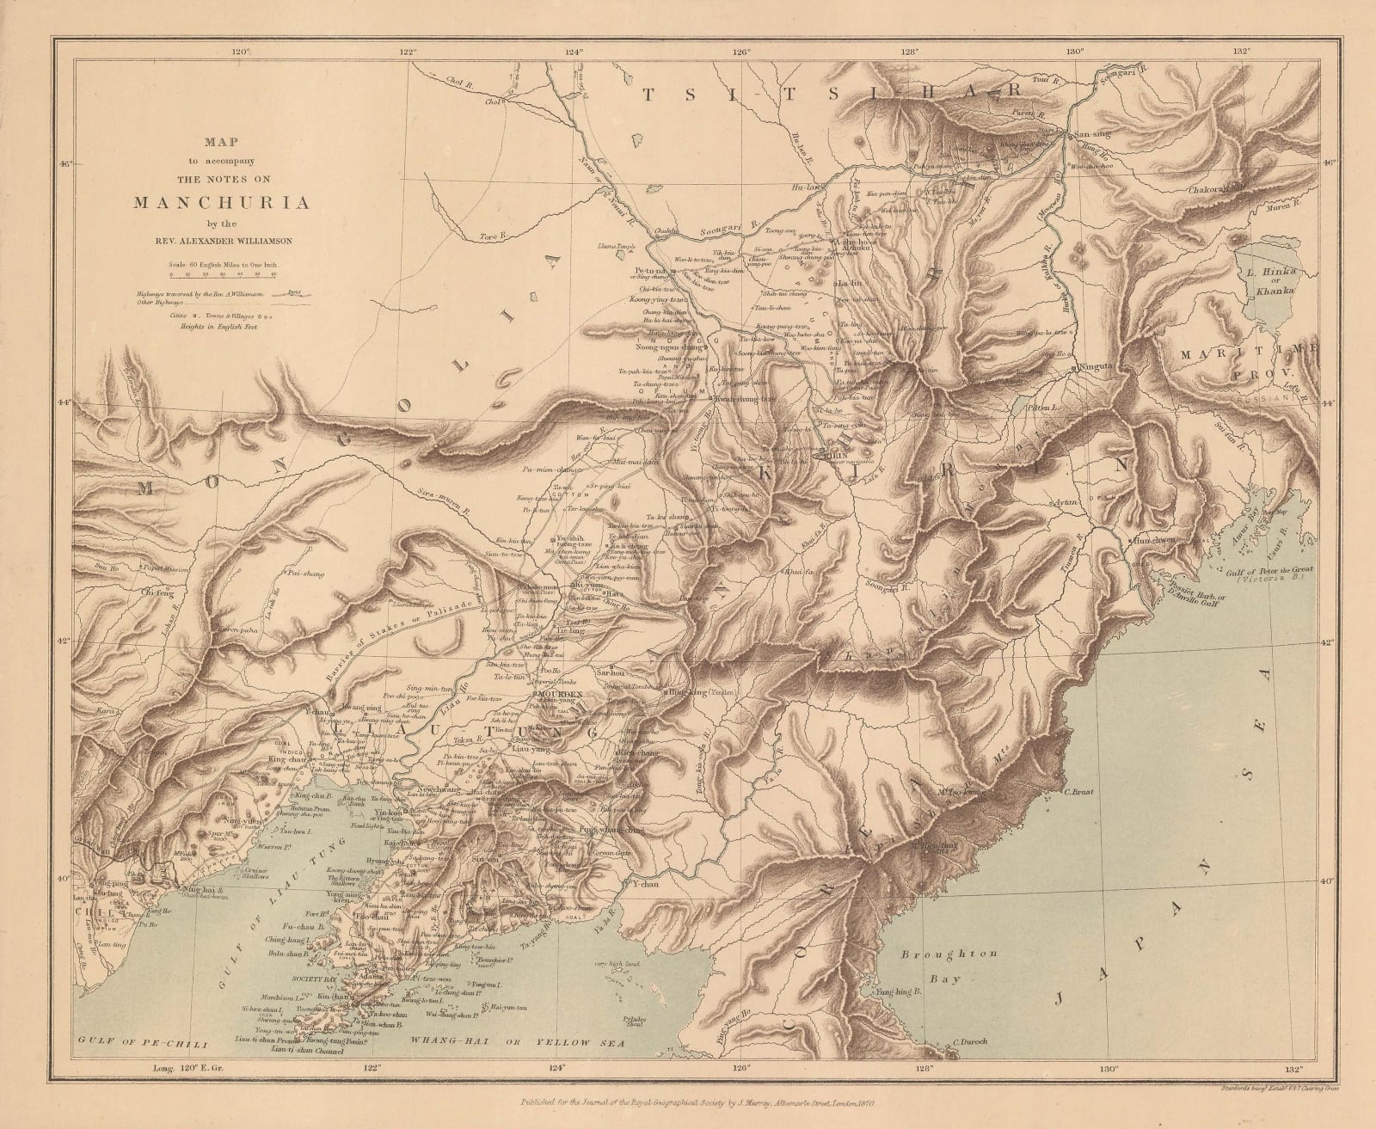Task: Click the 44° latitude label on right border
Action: tap(1329, 402)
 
